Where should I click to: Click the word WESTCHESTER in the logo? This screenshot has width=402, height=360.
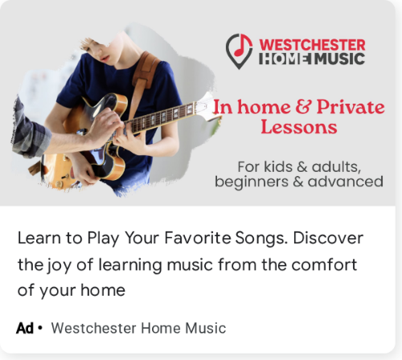coord(312,45)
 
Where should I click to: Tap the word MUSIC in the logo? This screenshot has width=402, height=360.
coord(339,59)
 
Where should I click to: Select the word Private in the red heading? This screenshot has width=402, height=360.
coord(351,107)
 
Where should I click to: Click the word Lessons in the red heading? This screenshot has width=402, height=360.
coord(299,127)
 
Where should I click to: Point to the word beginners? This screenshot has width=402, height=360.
coord(252,182)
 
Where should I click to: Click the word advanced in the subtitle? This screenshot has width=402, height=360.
coord(345,181)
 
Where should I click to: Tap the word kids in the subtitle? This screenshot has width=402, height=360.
coord(278,166)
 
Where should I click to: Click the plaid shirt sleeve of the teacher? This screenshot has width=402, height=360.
coord(30,129)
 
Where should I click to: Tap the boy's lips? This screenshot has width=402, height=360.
coord(105,59)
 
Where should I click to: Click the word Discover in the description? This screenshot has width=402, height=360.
coord(328,238)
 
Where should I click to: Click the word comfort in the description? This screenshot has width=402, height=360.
coord(324,264)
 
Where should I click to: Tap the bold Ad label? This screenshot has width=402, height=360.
coord(25,328)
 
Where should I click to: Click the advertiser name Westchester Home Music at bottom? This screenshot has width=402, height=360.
coord(138,328)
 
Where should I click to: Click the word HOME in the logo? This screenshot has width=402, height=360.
coord(285,59)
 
